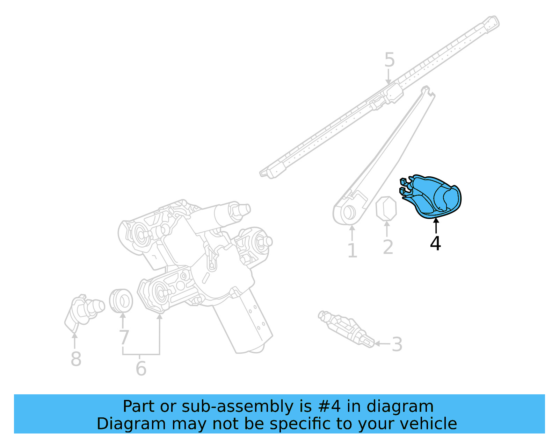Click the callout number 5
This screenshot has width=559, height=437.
tap(389, 60)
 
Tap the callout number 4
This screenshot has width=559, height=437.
tap(435, 244)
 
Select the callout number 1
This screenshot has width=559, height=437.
tap(352, 251)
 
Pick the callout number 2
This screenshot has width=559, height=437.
tap(388, 247)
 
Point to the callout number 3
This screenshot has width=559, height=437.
tap(397, 344)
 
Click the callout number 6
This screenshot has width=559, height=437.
tap(141, 368)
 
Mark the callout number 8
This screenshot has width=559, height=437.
tap(76, 359)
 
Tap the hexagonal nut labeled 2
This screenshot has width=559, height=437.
tap(386, 209)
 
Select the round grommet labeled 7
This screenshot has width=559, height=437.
tap(121, 301)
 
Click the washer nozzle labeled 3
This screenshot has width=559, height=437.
tap(346, 328)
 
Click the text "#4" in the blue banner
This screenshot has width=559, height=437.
tap(329, 407)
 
